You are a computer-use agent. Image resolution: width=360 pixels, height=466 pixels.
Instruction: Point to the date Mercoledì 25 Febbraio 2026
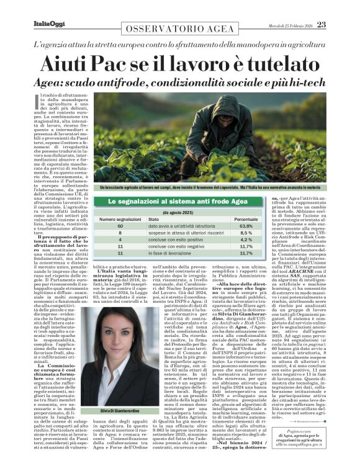286,25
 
